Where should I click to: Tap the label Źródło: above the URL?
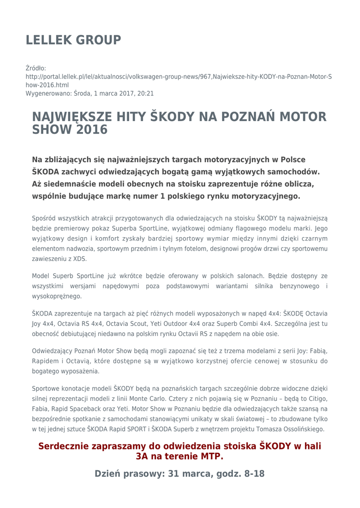(36, 68)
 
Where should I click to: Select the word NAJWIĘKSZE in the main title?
(73, 117)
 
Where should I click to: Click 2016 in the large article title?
(92, 130)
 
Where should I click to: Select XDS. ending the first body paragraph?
(78, 258)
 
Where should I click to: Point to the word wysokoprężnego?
(57, 296)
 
